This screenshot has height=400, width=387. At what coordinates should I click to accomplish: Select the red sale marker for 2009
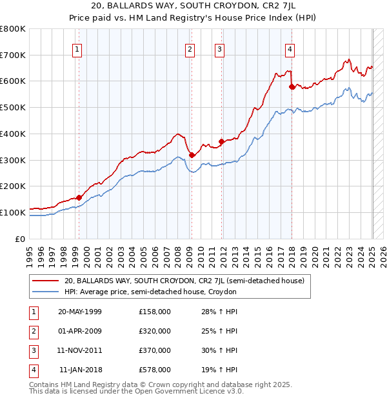click(192, 154)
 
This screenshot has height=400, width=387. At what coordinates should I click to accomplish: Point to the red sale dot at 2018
click(292, 86)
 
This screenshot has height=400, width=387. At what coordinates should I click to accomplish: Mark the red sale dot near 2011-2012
click(221, 141)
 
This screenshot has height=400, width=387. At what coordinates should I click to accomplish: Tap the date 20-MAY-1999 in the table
click(80, 312)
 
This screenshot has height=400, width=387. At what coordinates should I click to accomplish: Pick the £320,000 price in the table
click(155, 331)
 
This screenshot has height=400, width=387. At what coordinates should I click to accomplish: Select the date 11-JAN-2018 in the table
click(81, 370)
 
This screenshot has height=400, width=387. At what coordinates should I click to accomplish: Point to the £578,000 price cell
click(155, 370)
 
